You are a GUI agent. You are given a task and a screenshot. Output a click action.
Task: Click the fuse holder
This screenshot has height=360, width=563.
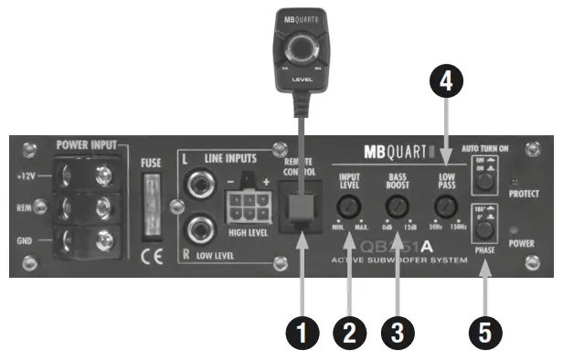tap(152, 202)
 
